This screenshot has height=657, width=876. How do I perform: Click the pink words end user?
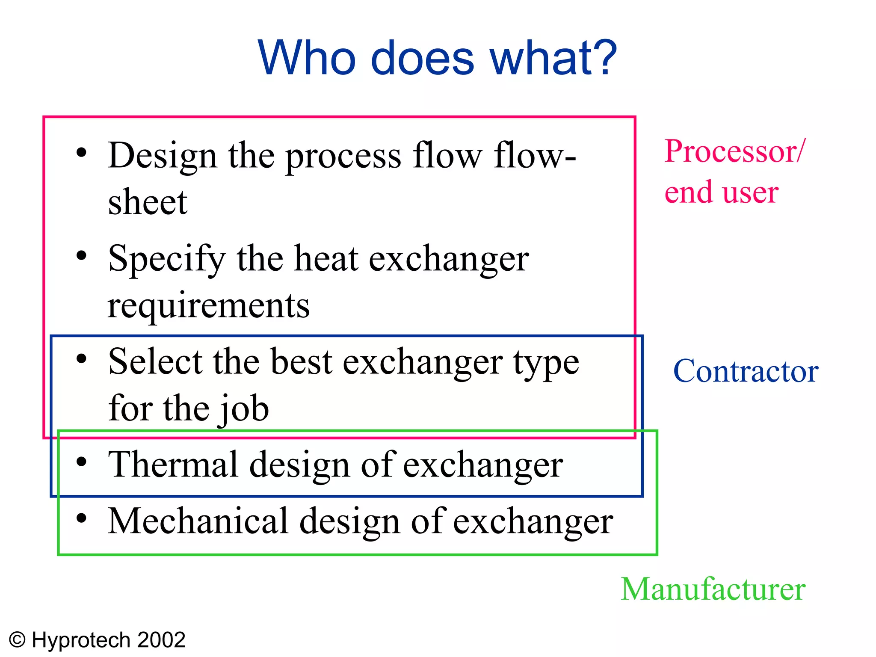[x=721, y=192]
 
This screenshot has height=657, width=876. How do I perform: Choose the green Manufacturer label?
[x=713, y=589]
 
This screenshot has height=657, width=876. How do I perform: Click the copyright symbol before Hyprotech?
[x=18, y=640]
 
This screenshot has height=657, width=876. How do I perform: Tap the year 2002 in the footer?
[x=161, y=640]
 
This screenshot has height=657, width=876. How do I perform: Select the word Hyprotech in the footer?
[x=81, y=640]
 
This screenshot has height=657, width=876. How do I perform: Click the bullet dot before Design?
[x=81, y=153]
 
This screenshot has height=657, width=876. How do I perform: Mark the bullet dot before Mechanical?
[x=81, y=518]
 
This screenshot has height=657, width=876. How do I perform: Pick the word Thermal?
[x=173, y=465]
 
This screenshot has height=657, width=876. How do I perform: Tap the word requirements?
[x=208, y=306]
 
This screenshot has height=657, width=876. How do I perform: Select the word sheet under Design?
[x=148, y=202]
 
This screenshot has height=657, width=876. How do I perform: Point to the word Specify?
[x=167, y=259]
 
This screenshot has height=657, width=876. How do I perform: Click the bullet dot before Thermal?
[x=81, y=462]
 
